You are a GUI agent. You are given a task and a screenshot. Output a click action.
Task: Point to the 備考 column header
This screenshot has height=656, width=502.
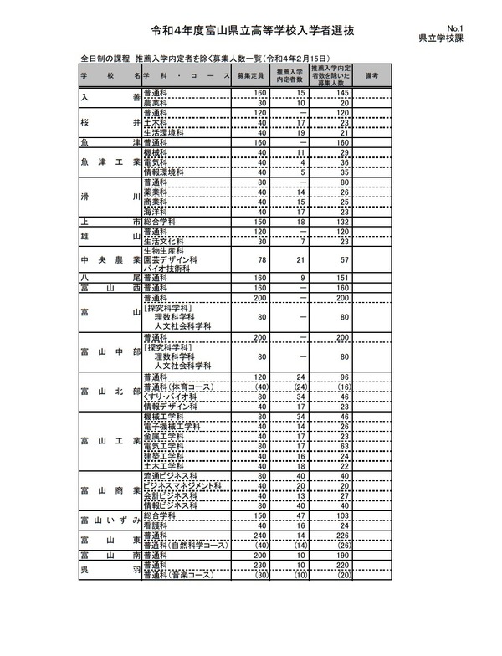pos(373,75)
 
